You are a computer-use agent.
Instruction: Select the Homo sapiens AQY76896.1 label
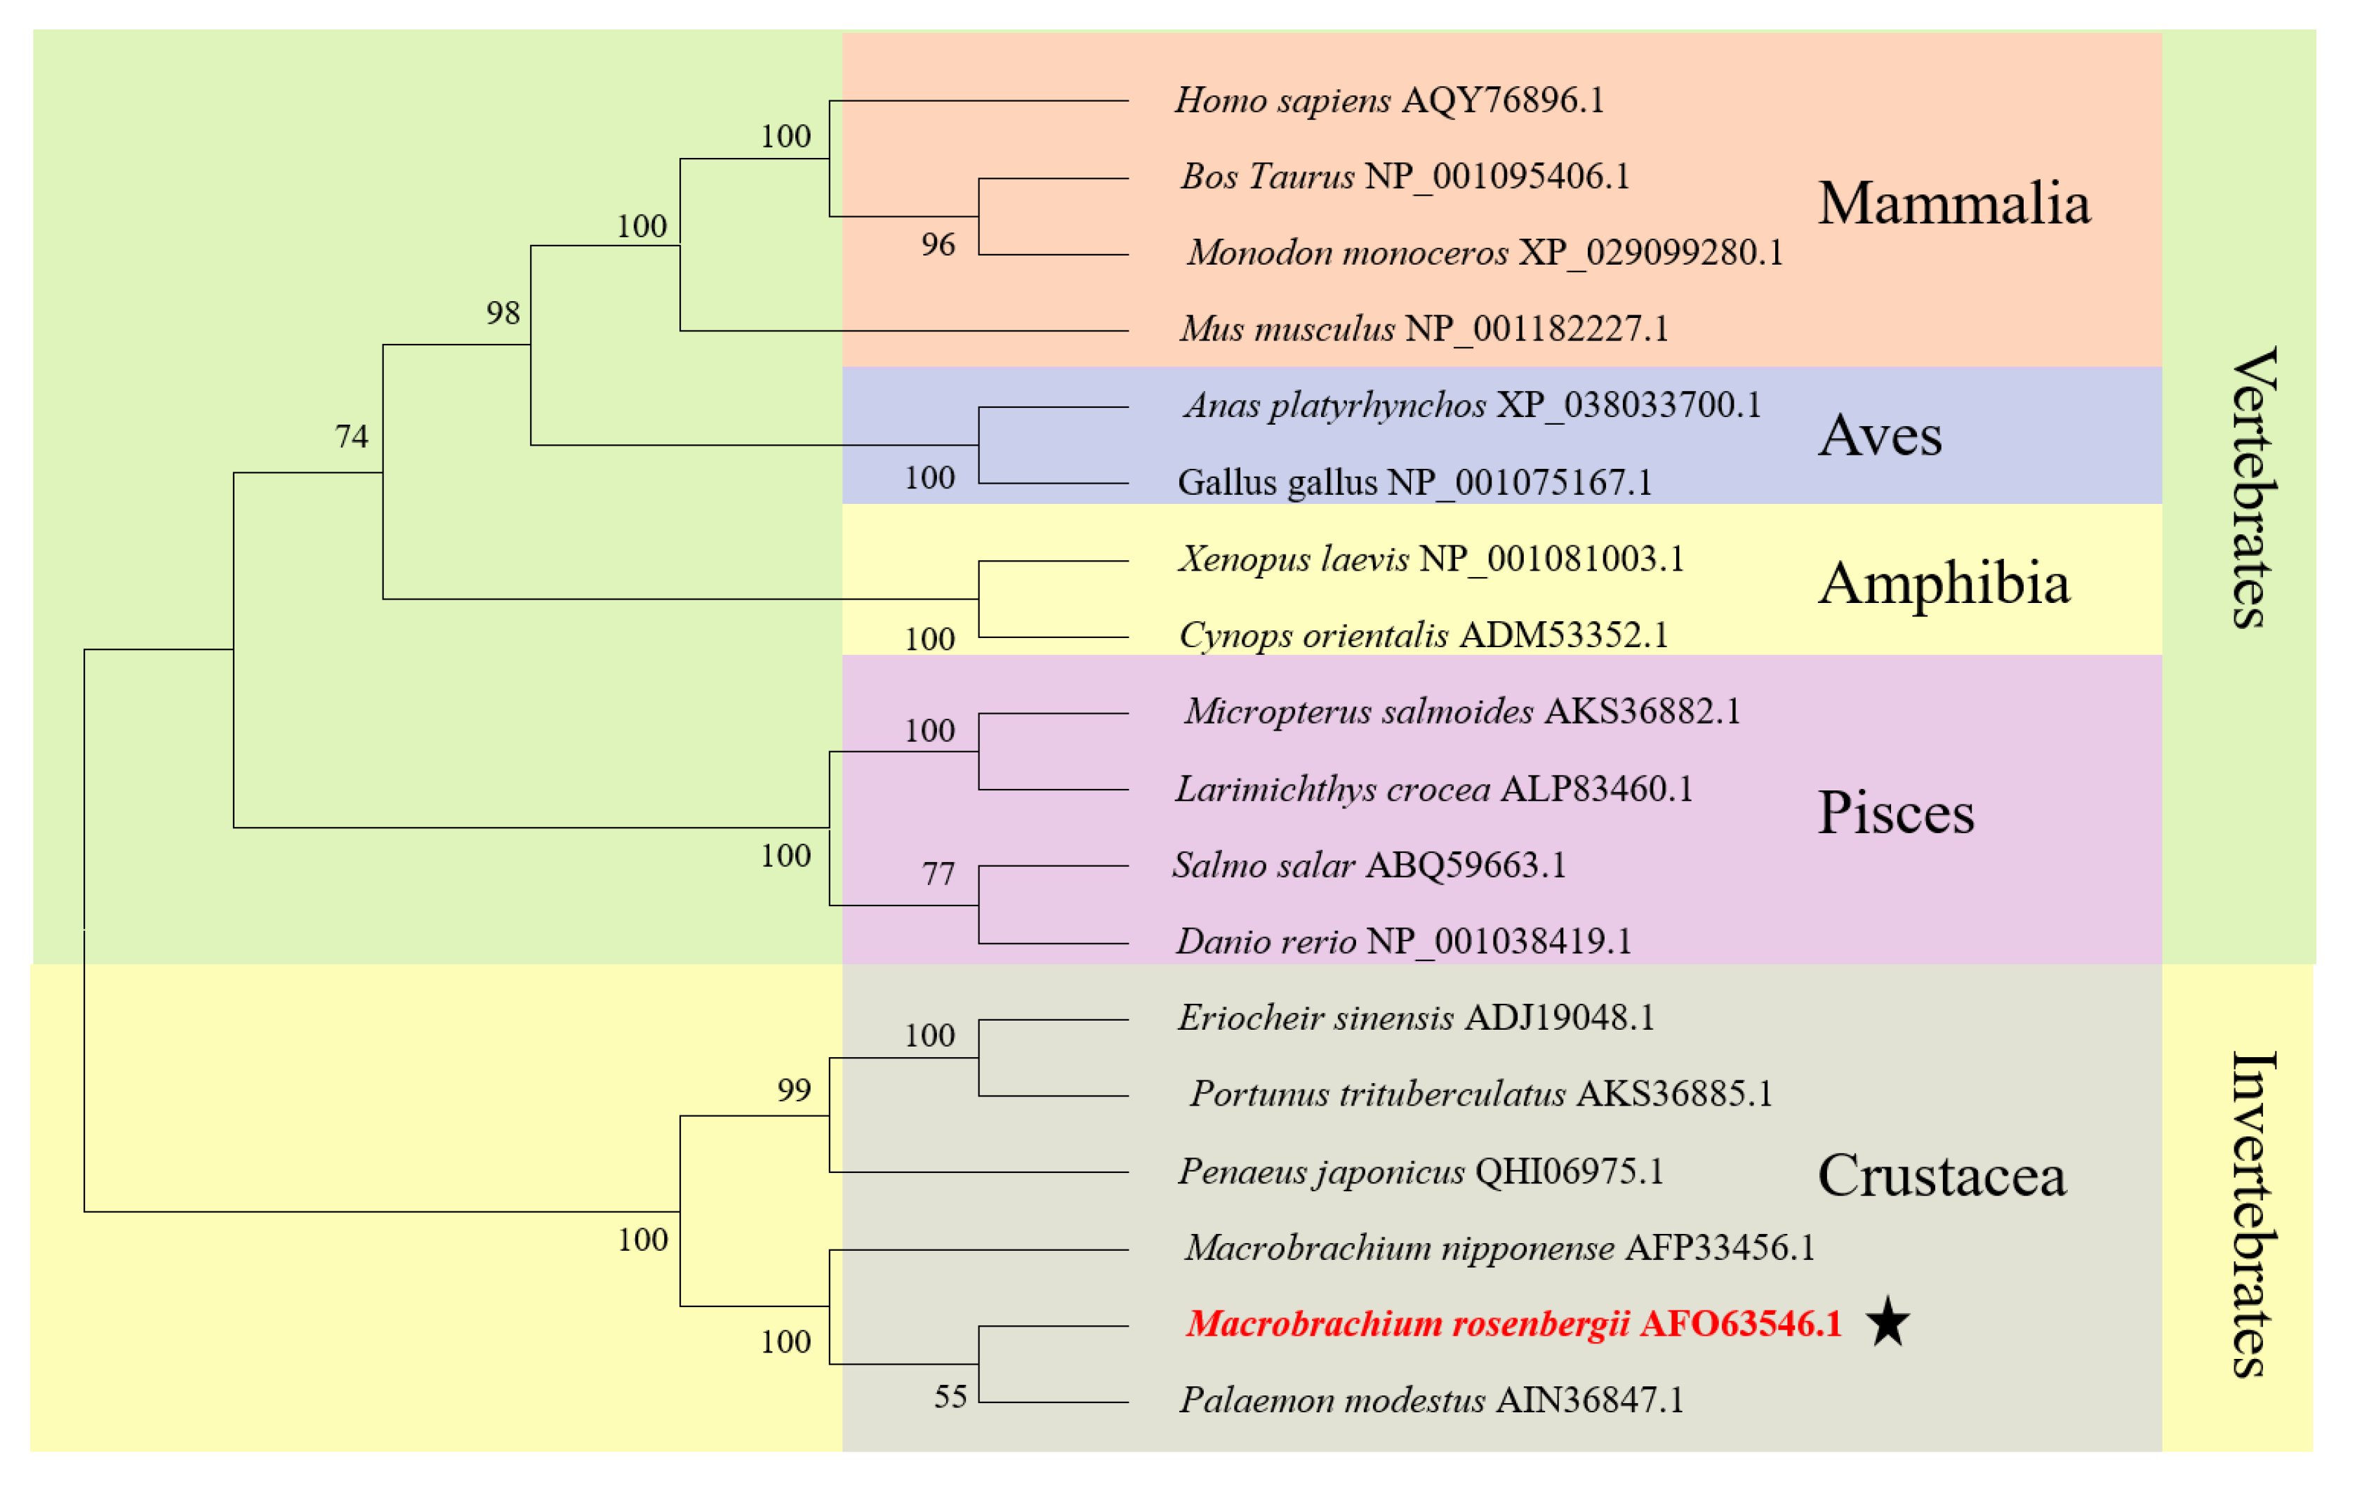(x=1389, y=100)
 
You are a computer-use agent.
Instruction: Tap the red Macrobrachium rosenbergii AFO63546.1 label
(x=1513, y=1323)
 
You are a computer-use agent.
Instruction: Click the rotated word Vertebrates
(x=2254, y=487)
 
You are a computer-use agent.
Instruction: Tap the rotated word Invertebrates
(x=2254, y=1214)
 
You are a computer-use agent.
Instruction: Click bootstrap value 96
(x=938, y=244)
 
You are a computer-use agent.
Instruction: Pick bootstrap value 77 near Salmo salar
(x=938, y=873)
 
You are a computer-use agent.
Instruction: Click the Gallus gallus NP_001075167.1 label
(x=1414, y=483)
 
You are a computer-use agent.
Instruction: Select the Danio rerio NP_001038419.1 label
(x=1404, y=941)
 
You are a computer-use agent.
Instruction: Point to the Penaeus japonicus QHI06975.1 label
(x=1420, y=1171)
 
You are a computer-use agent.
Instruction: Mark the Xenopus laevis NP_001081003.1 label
(x=1430, y=559)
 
